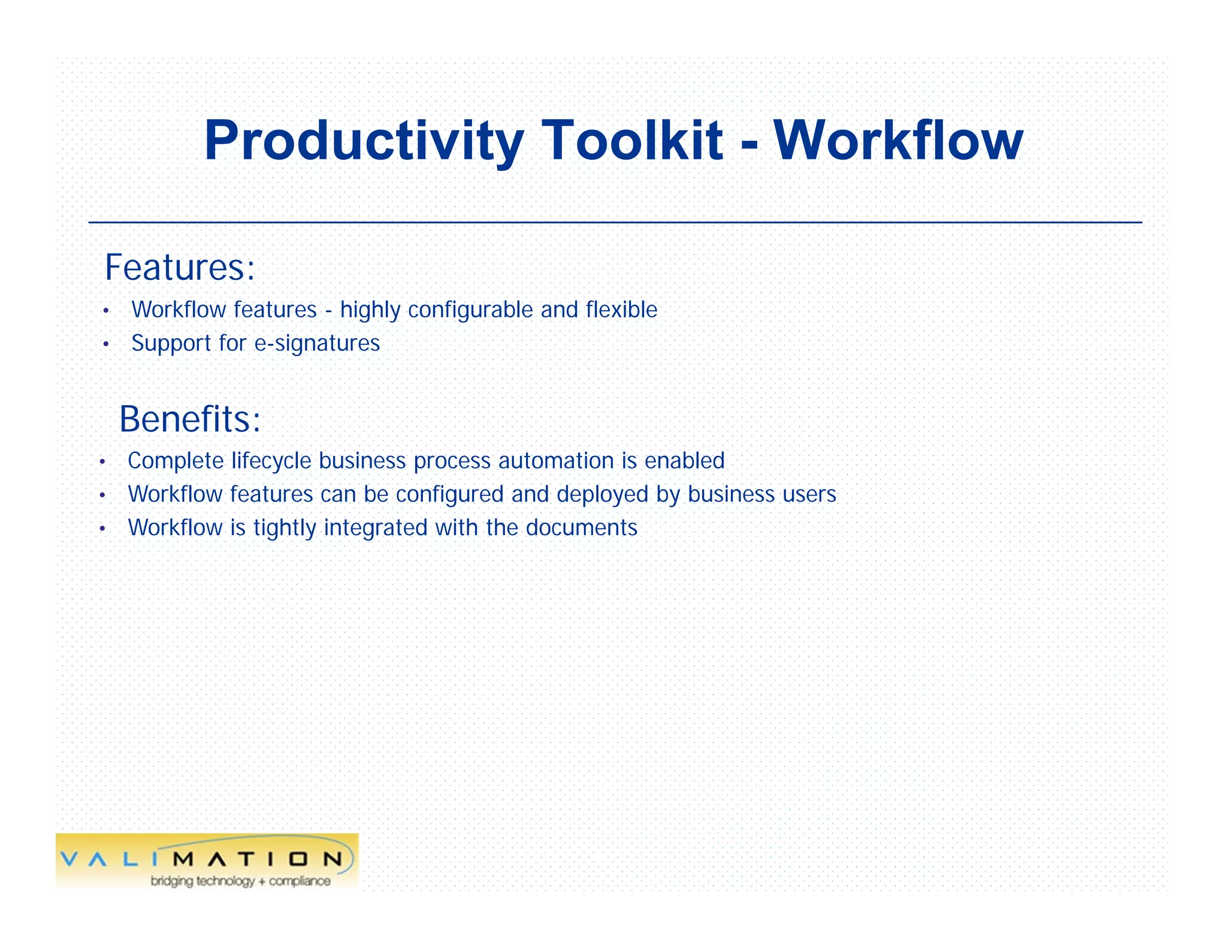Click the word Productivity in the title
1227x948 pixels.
tap(363, 141)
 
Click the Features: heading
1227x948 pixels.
tap(180, 267)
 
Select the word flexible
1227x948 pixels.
tap(621, 310)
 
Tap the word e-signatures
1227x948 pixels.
tap(317, 343)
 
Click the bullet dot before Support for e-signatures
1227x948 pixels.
tap(105, 345)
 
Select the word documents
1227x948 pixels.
tap(581, 528)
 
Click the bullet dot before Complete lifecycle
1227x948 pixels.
tap(102, 462)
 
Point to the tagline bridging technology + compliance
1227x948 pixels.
tap(240, 881)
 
